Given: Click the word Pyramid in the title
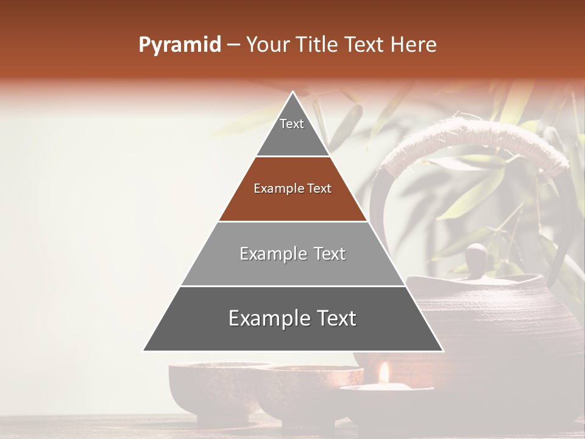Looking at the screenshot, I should [x=179, y=45].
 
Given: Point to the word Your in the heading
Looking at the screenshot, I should [x=267, y=45].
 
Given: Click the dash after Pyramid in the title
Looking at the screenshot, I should [x=233, y=45].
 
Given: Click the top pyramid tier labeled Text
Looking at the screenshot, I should [x=292, y=131].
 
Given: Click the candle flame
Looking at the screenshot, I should [x=384, y=373].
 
